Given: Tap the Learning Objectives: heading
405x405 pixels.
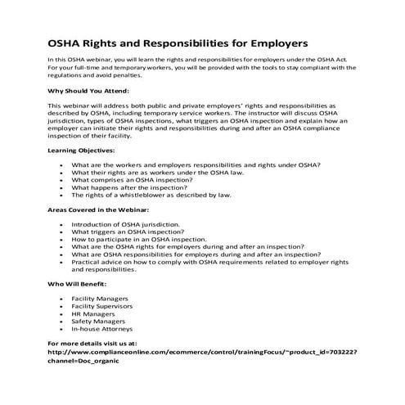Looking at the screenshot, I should (x=81, y=151).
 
